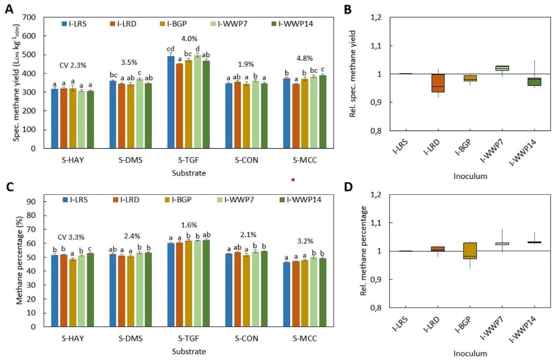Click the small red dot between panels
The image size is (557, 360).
click(293, 179)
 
